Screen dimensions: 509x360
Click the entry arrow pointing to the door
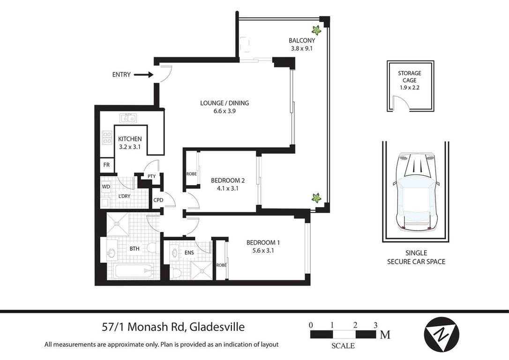coord(143,75)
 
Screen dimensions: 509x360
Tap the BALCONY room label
coord(302,41)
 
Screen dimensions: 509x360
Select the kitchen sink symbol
coord(128,118)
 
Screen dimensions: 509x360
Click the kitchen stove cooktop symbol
coord(107,138)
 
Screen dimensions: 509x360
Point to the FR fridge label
coord(106,165)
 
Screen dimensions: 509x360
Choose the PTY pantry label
coord(151,176)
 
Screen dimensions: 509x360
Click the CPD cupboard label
coord(158,200)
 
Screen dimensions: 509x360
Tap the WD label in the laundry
coord(106,187)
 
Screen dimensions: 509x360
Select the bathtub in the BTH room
coord(134,271)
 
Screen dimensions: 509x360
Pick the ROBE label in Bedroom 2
coord(192,174)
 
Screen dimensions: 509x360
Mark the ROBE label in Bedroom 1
coord(221,265)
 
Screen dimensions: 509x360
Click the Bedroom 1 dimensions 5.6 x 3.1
coord(263,251)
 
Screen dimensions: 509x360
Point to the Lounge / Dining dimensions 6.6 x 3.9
coord(225,111)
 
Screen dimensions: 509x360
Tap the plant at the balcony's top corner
coord(316,30)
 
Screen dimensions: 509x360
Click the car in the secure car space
coord(416,192)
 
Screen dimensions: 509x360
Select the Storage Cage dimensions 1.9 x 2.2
coord(410,87)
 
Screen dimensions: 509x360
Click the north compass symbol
coord(442,334)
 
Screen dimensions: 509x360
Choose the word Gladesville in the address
coord(217,327)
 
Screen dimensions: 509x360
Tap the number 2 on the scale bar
coord(355,325)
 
